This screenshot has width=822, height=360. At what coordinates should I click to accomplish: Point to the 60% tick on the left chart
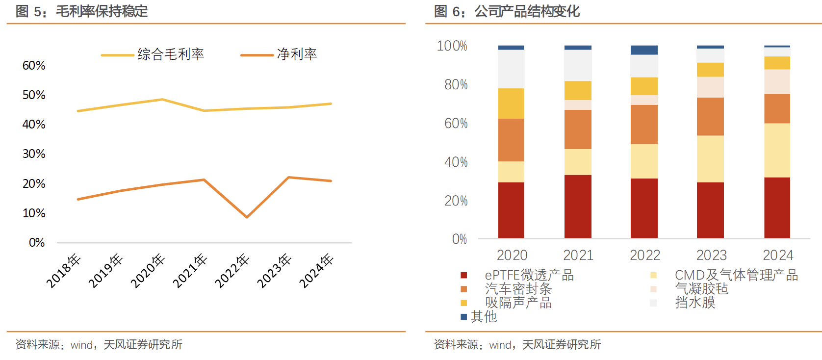pyautogui.click(x=34, y=66)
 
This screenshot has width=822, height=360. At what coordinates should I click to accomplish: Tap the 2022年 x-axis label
pyautogui.click(x=232, y=271)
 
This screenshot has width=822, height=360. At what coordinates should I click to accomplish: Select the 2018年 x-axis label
pyautogui.click(x=63, y=271)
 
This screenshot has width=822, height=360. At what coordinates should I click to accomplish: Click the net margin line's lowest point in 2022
pyautogui.click(x=247, y=217)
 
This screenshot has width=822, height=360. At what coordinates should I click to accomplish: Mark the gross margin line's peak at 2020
pyautogui.click(x=162, y=100)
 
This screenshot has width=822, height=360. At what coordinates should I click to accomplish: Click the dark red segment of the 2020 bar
pyautogui.click(x=511, y=210)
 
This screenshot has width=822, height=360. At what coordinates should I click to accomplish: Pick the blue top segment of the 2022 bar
pyautogui.click(x=644, y=50)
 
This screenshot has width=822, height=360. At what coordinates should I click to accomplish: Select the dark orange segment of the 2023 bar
pyautogui.click(x=710, y=116)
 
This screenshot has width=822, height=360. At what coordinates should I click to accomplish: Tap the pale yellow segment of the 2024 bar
pyautogui.click(x=777, y=150)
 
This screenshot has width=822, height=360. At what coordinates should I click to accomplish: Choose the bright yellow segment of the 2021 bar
pyautogui.click(x=578, y=90)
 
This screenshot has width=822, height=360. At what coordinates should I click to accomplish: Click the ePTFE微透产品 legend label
pyautogui.click(x=529, y=275)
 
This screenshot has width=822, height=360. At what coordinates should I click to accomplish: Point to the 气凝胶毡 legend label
pyautogui.click(x=701, y=289)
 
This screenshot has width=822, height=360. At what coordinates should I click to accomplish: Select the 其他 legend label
pyautogui.click(x=484, y=317)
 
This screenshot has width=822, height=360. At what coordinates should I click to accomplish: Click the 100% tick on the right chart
pyautogui.click(x=452, y=46)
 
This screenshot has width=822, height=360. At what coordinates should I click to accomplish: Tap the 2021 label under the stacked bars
pyautogui.click(x=578, y=255)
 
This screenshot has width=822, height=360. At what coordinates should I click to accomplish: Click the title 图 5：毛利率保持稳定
pyautogui.click(x=82, y=11)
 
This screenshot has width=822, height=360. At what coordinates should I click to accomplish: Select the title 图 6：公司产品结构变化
pyautogui.click(x=507, y=11)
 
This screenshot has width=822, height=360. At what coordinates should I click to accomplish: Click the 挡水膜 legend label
pyautogui.click(x=695, y=303)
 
